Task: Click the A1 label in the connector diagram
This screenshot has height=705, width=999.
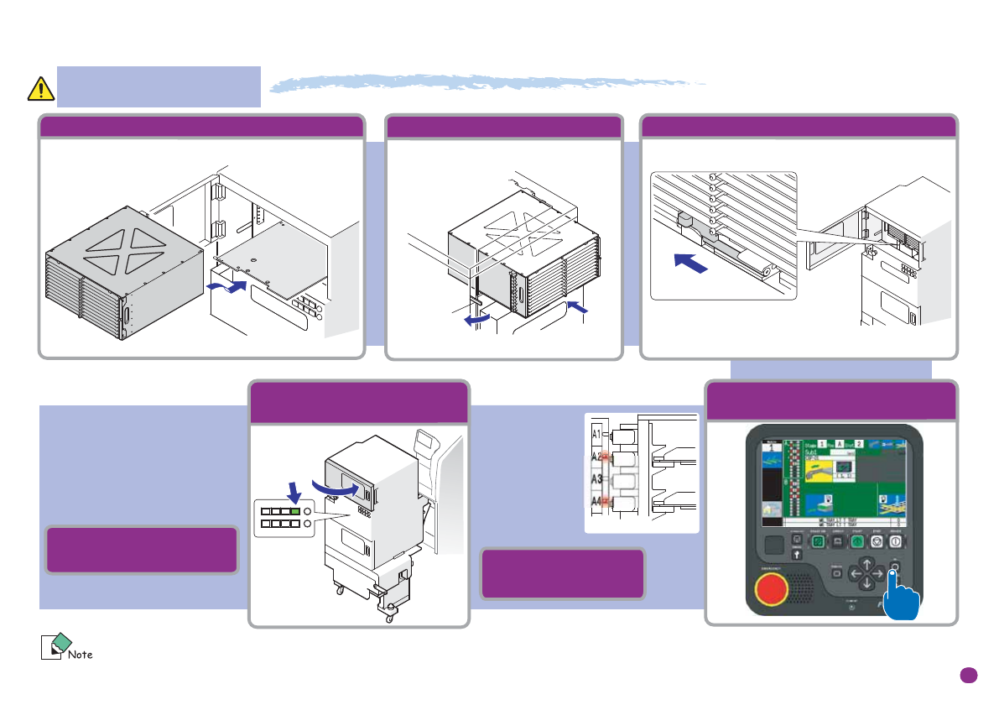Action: point(597,436)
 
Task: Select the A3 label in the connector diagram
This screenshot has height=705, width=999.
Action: point(597,479)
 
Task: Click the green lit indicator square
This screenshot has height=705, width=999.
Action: point(294,511)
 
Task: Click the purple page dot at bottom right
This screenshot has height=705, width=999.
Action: point(969,675)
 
